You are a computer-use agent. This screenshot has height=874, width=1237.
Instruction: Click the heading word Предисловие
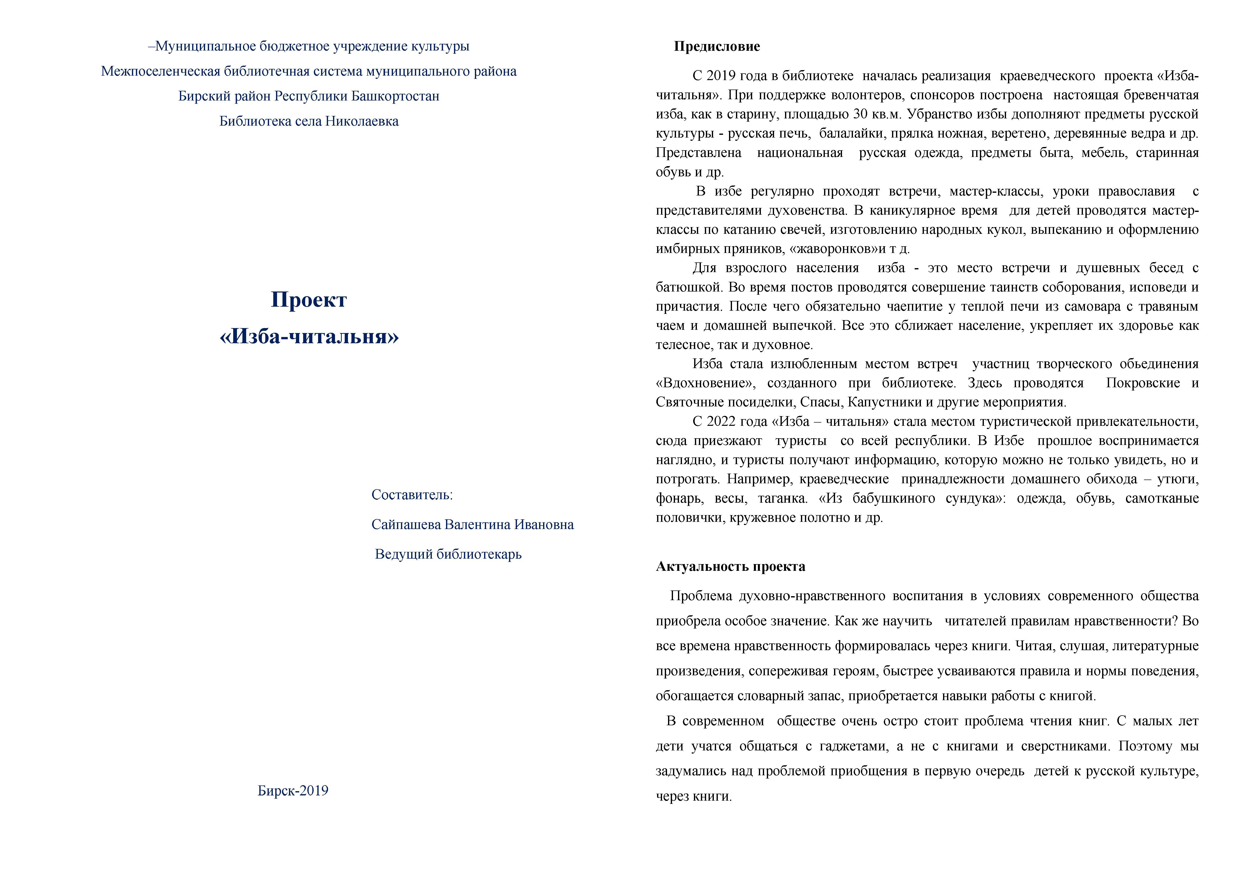click(717, 47)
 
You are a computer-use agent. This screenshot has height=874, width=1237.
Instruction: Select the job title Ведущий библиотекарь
click(448, 554)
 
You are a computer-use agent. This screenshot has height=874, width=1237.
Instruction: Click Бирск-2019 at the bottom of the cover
click(292, 790)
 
